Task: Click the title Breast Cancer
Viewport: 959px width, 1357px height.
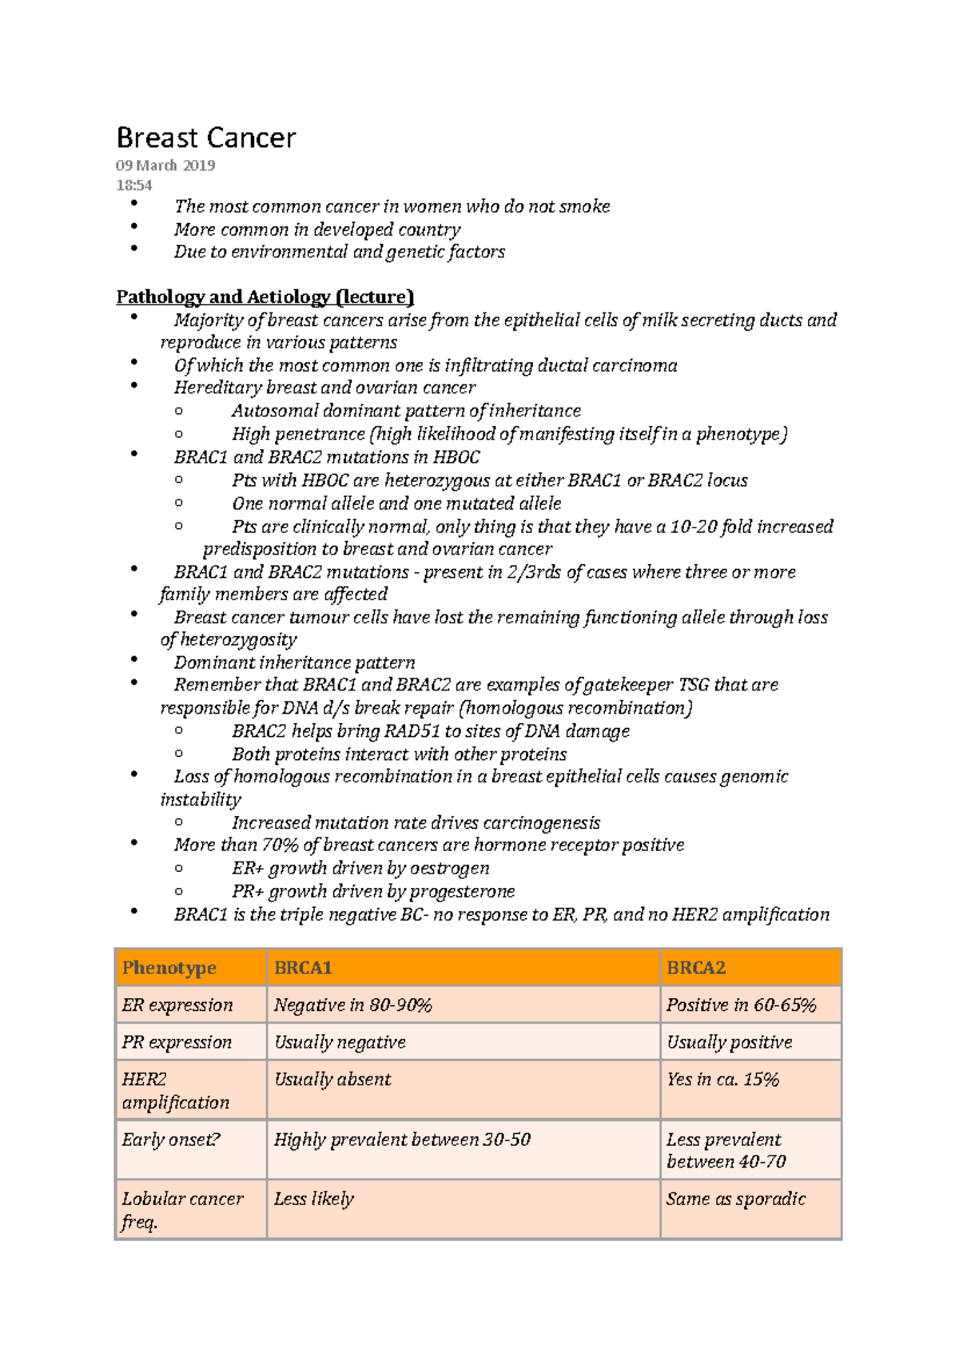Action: [205, 138]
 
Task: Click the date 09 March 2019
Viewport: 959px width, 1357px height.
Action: [165, 165]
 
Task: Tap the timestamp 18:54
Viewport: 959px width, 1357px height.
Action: [133, 185]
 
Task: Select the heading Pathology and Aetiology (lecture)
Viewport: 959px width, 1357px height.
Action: [265, 297]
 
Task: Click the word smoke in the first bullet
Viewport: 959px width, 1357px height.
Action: [584, 206]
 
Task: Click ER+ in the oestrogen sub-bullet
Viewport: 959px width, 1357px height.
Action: [248, 869]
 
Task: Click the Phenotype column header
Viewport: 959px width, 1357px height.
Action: [169, 968]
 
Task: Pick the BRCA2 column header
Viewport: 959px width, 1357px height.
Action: [696, 968]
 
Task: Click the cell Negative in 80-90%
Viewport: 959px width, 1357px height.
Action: [352, 1005]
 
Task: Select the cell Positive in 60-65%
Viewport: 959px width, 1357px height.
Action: [741, 1005]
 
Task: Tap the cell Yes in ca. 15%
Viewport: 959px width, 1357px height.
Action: [722, 1080]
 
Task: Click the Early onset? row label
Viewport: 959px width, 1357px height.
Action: [170, 1140]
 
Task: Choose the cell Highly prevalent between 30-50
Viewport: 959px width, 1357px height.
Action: [402, 1140]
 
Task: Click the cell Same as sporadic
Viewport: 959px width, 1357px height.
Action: [736, 1199]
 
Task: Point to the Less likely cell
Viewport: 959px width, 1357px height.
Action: [313, 1199]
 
